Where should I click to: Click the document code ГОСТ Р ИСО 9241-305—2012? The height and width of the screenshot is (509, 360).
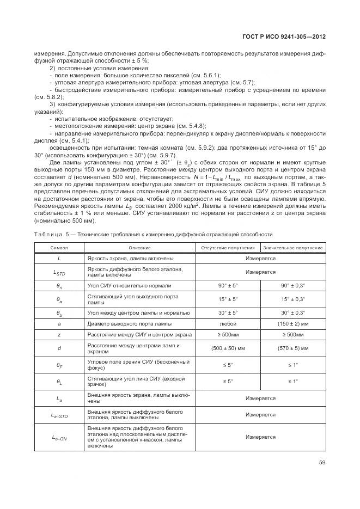283,36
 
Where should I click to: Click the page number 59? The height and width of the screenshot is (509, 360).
322,463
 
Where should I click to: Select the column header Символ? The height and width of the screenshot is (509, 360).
59,248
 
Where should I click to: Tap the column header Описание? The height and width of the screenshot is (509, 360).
139,248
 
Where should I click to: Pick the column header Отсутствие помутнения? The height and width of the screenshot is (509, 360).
229,248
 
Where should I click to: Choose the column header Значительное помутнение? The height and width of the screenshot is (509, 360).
293,248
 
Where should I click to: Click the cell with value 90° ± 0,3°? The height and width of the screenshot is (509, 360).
293,285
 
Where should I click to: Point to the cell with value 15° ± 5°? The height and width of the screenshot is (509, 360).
229,299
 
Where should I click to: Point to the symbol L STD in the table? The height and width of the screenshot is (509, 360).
59,271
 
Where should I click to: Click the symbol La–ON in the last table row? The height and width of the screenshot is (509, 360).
59,437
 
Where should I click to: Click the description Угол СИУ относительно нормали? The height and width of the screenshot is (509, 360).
129,285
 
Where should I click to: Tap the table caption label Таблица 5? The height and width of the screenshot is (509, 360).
51,234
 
